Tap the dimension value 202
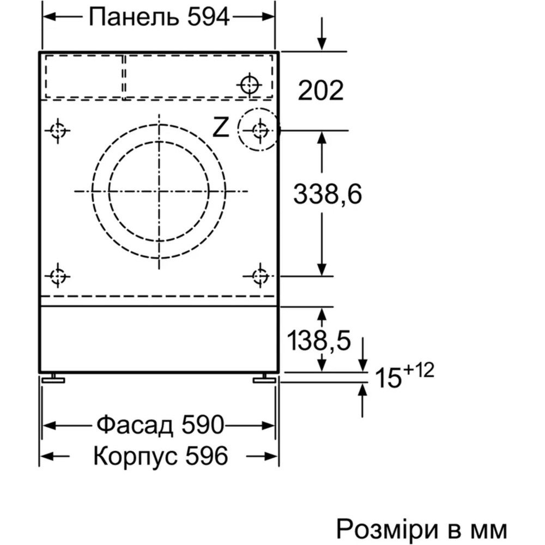click(x=320, y=90)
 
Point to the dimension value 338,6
click(x=328, y=193)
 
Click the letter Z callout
click(x=220, y=128)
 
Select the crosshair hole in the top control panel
click(x=249, y=84)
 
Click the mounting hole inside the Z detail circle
click(x=260, y=130)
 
